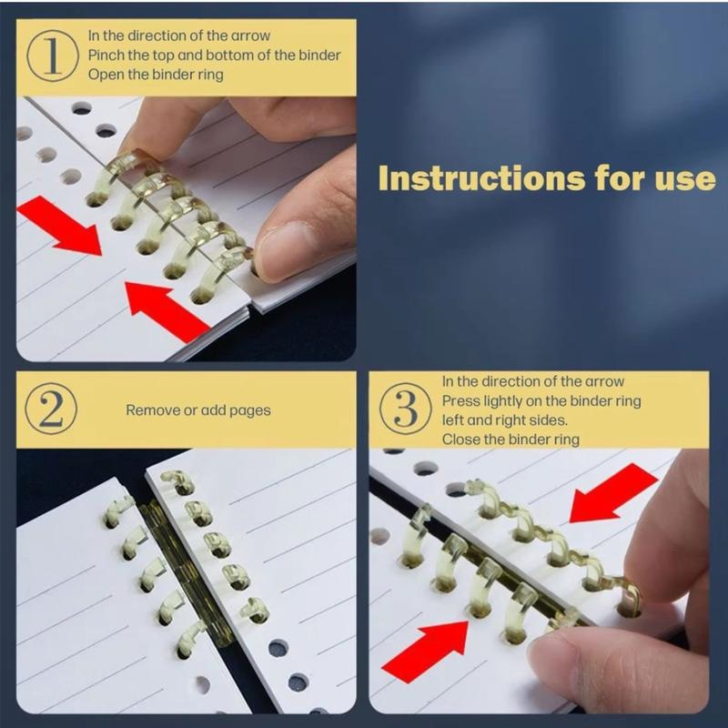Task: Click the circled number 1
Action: click(x=53, y=56)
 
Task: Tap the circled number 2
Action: click(x=51, y=409)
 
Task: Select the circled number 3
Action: click(x=405, y=409)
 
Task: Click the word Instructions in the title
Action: click(x=481, y=178)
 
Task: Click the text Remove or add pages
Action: click(x=198, y=410)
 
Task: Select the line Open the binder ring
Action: click(x=156, y=75)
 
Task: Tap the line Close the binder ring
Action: click(x=511, y=440)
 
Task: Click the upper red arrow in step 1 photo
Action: click(x=59, y=226)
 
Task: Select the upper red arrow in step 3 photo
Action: click(x=613, y=493)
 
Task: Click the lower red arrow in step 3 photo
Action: click(x=425, y=652)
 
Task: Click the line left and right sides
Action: click(x=505, y=420)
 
